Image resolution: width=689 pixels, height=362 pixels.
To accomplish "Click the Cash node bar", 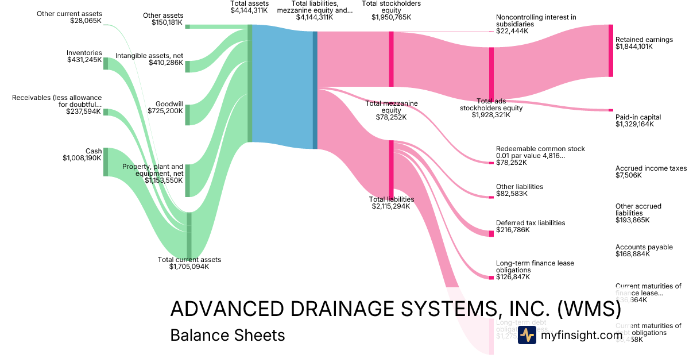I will [106, 161].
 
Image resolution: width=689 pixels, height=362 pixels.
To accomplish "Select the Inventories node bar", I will [106, 63].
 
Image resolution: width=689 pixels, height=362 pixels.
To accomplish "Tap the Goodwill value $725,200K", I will [165, 110].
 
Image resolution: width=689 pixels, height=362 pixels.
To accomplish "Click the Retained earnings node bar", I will [611, 51].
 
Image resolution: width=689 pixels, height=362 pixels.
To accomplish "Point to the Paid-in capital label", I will [638, 117].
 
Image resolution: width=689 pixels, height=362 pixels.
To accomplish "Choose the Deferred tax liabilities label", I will [531, 222].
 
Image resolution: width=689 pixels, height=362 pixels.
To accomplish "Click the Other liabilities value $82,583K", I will [512, 194].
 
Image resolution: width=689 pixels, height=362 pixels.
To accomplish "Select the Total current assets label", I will [189, 260].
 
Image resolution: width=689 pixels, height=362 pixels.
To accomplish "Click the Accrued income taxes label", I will [651, 168].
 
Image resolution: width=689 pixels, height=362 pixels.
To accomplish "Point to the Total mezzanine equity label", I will [392, 107].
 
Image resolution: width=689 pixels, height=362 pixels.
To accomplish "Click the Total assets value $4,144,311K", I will [249, 10].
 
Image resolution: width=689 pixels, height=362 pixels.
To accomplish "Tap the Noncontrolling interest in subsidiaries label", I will [536, 21].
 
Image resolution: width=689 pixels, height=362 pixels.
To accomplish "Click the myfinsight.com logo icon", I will [527, 336].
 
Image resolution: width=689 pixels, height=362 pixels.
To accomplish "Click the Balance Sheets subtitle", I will [227, 335].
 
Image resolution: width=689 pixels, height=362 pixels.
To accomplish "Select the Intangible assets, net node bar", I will [187, 66].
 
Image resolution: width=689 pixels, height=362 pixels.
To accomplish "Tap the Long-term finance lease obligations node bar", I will [491, 278].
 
